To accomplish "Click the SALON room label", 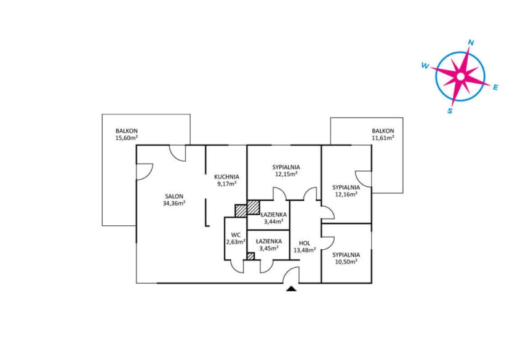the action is click(174, 196).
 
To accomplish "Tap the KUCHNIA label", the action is click(226, 177).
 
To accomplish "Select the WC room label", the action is click(236, 235).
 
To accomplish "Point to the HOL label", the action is click(305, 243).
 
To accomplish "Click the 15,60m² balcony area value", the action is click(127, 138).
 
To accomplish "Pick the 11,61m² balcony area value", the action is click(383, 138).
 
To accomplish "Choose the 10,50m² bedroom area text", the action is click(346, 262).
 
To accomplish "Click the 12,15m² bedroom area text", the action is click(286, 174).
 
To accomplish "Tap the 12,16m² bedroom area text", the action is click(346, 194).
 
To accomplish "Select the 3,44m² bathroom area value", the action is click(274, 222).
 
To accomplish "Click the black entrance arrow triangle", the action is click(291, 289).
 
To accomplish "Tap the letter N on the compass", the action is click(471, 42).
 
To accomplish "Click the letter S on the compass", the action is click(450, 111).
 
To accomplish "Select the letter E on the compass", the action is click(495, 87).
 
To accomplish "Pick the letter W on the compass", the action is click(425, 66).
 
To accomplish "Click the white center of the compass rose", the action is click(460, 76).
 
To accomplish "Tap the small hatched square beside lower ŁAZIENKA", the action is click(250, 256).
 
